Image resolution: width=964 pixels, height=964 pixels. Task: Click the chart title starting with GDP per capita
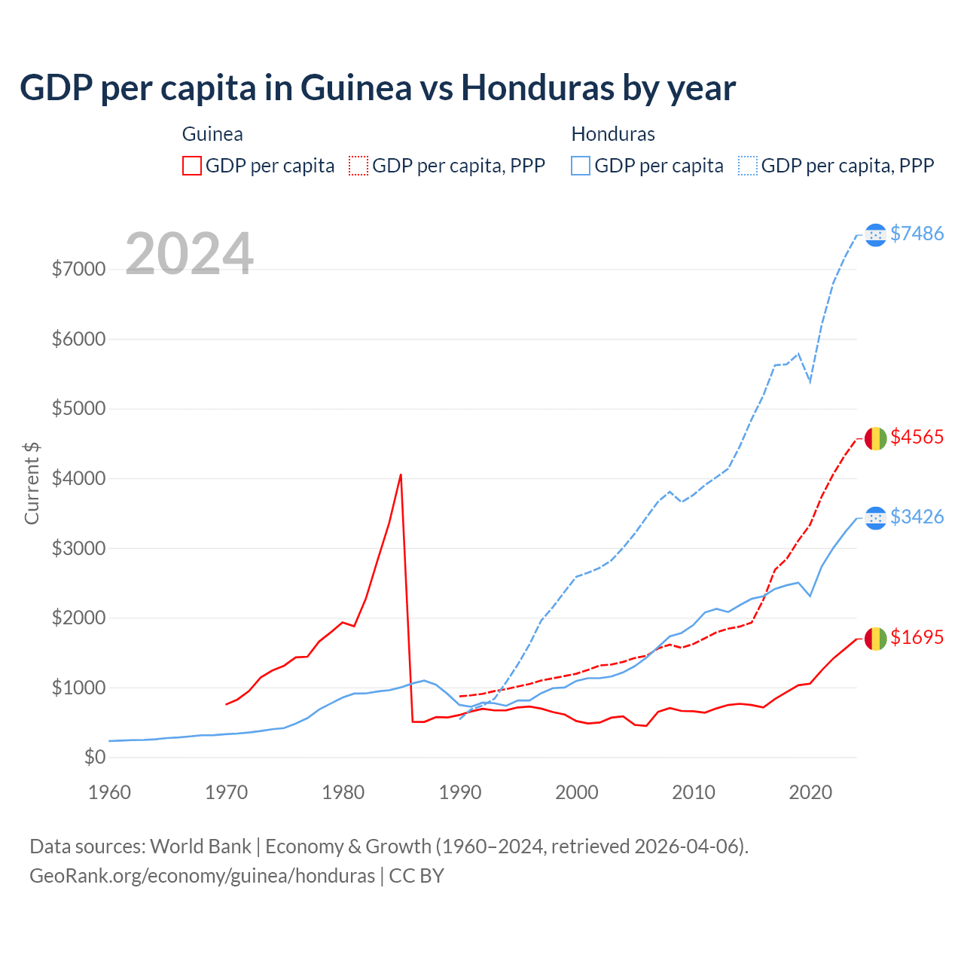(x=377, y=88)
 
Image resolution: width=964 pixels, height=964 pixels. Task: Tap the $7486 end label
(x=917, y=233)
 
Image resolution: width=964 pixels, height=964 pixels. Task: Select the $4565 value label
(x=917, y=437)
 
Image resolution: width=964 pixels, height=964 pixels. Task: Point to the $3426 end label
(x=917, y=517)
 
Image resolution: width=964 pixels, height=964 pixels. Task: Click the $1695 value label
(x=917, y=637)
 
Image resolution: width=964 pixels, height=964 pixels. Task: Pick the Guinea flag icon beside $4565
(x=875, y=438)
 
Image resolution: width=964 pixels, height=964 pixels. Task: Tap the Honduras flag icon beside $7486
(x=875, y=235)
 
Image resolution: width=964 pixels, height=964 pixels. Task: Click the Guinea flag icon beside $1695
(x=875, y=639)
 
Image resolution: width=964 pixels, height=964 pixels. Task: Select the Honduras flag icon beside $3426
(x=875, y=518)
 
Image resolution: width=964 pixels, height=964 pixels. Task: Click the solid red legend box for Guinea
(x=192, y=166)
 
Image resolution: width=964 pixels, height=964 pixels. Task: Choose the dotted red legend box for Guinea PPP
(x=358, y=166)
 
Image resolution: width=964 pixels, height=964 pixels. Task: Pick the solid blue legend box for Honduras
(x=581, y=166)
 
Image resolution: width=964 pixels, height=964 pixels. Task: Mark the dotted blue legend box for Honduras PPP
(x=748, y=166)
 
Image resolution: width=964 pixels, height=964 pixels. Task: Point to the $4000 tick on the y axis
(x=78, y=478)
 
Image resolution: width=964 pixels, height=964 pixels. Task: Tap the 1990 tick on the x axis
(x=460, y=792)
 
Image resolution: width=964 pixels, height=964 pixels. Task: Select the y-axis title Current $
(x=32, y=484)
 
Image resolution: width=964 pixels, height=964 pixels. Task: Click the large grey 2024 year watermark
(x=189, y=254)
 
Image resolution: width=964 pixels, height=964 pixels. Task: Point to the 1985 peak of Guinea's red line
(x=401, y=474)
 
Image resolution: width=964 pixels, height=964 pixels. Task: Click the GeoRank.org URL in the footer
(x=202, y=876)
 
